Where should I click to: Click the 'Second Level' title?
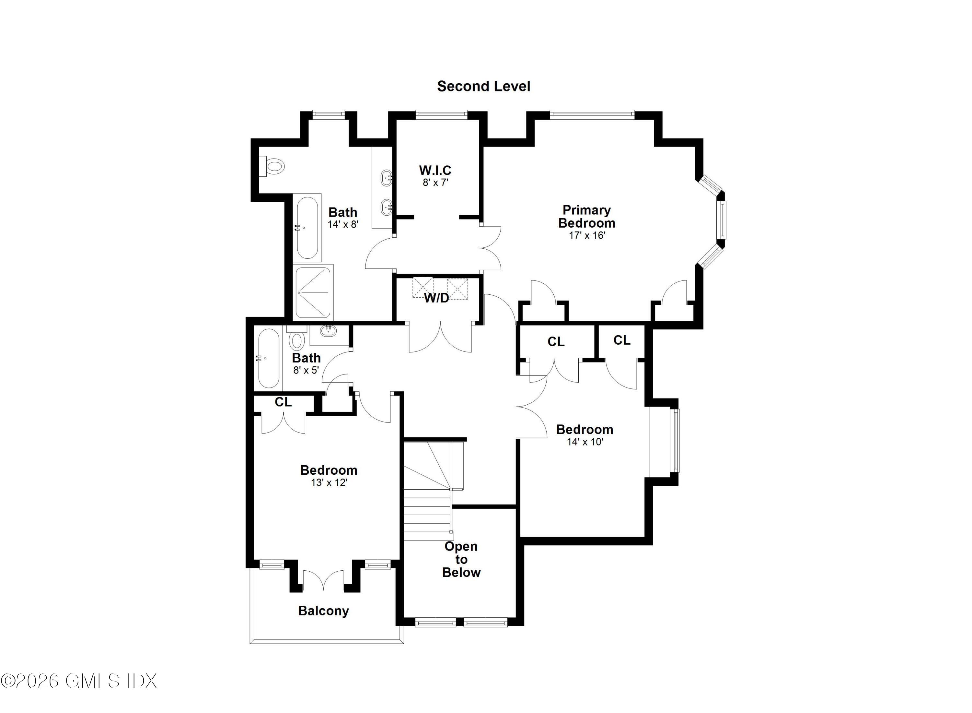483,86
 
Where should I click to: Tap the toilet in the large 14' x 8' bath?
274,166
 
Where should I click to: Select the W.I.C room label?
435,170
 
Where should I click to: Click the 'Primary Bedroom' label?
586,217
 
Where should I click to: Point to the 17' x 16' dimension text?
587,236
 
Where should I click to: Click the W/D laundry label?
436,298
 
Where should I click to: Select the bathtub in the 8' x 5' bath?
269,359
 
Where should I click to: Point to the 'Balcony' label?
323,611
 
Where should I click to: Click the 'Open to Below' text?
461,559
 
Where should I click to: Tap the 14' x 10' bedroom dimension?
585,442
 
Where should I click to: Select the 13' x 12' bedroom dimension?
329,482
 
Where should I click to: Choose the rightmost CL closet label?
622,340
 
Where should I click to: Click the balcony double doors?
323,580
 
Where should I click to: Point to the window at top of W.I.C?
442,114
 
